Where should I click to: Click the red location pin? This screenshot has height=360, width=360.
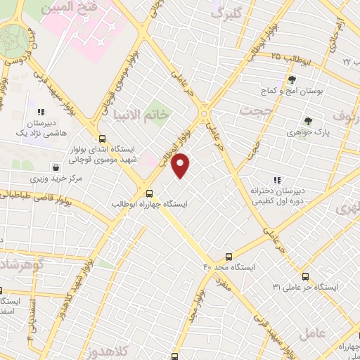[x=181, y=166]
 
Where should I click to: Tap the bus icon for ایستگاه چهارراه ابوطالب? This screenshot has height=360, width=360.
[x=148, y=193]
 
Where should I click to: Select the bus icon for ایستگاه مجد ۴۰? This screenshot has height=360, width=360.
[x=228, y=257]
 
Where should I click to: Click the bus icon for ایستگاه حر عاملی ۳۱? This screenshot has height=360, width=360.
[x=305, y=276]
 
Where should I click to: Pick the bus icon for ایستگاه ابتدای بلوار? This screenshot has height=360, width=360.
[x=103, y=139]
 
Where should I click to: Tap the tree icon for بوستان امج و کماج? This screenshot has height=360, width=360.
[x=292, y=80]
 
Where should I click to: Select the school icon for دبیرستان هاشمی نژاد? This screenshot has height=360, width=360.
[x=41, y=111]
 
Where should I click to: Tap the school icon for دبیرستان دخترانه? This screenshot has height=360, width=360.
[x=277, y=180]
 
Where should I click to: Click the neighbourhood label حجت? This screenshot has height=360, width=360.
[x=255, y=111]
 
